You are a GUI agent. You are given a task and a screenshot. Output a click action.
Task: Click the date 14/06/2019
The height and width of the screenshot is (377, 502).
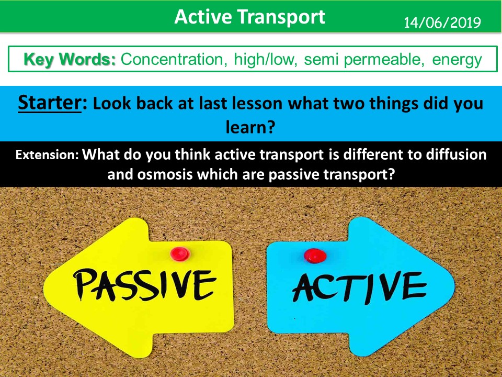(441, 23)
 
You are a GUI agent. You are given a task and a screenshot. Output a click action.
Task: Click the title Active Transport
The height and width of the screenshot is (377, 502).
(250, 17)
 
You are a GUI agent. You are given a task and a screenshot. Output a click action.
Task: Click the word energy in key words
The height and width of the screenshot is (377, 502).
(457, 59)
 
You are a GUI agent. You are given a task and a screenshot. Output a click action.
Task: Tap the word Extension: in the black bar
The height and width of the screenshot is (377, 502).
(48, 156)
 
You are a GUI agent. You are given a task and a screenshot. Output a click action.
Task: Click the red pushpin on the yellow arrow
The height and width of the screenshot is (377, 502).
(180, 254)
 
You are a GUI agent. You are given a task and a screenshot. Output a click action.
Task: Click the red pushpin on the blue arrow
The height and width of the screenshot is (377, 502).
(315, 256)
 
